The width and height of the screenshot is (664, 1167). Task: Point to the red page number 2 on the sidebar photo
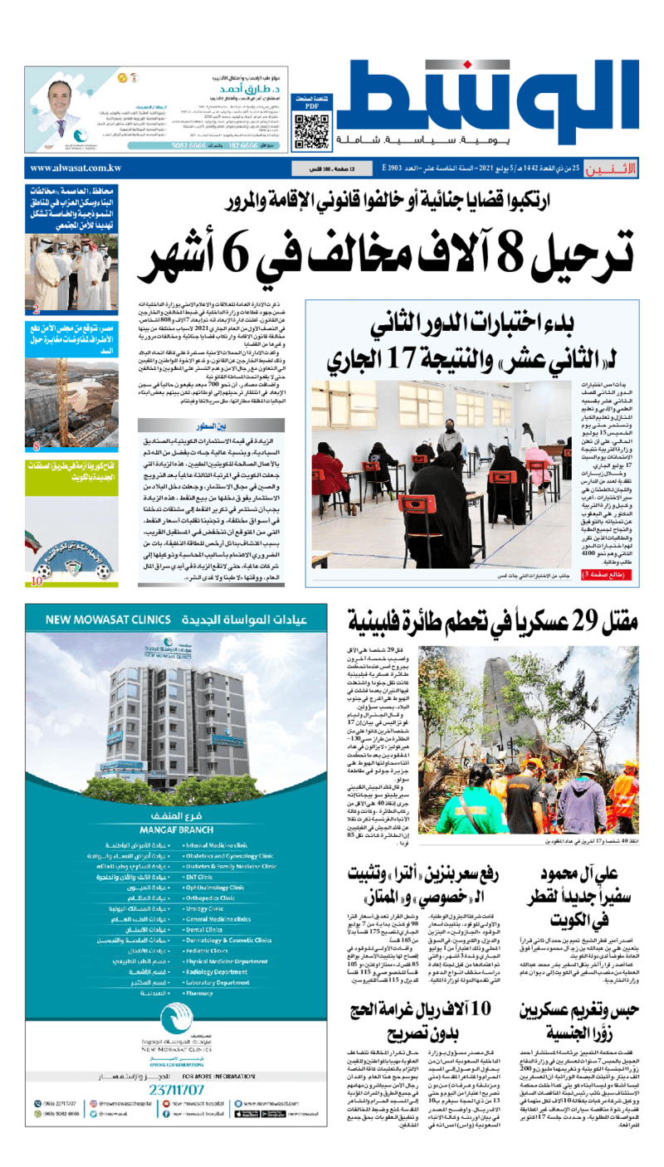tap(37, 311)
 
